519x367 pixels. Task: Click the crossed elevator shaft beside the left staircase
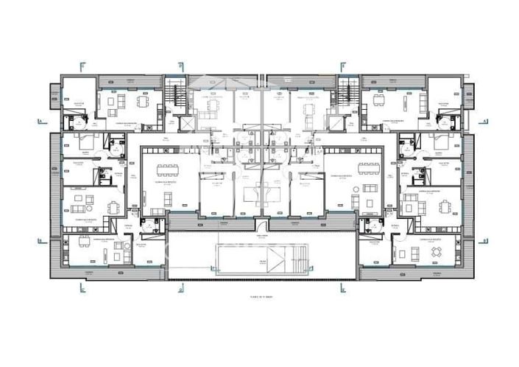(186, 122)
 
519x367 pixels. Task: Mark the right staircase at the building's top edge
(348, 94)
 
